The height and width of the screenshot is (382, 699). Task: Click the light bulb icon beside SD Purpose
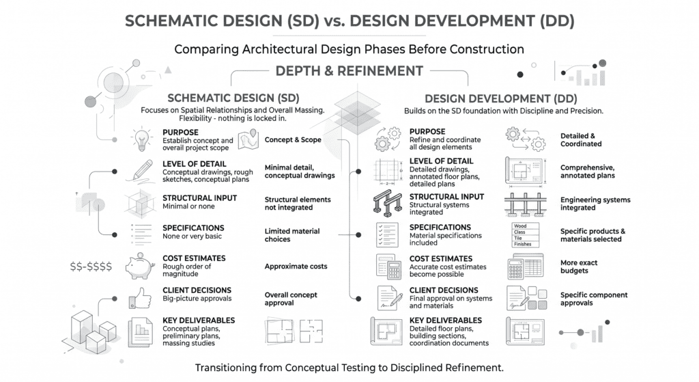coord(142,139)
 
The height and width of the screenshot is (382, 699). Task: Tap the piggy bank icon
coord(141,266)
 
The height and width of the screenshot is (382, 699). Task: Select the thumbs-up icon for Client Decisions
coord(140,298)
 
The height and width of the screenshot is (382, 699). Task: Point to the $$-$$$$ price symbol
coord(91,267)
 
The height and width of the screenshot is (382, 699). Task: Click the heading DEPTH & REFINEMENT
coord(349,71)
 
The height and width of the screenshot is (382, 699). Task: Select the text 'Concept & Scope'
coord(293,139)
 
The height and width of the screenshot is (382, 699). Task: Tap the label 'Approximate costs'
coord(296,267)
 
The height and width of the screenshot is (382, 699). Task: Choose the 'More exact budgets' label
coord(579,267)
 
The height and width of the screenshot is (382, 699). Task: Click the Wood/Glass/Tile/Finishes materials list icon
coord(525,234)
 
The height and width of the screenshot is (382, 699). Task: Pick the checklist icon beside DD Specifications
coord(387,234)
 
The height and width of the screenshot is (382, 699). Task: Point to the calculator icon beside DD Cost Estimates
coord(388,267)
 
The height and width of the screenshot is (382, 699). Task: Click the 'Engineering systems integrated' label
coord(595,204)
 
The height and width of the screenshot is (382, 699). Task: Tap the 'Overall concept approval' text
coord(291,299)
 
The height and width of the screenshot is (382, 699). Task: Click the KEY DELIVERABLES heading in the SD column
coord(199,320)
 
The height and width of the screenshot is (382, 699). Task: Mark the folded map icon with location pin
coord(248,139)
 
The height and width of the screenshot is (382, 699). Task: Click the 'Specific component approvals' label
coord(594,299)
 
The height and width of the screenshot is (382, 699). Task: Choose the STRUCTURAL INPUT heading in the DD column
coord(446,197)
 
